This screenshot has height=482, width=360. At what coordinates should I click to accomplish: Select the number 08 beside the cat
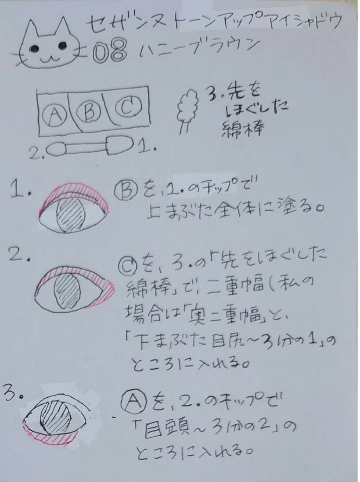click(x=110, y=52)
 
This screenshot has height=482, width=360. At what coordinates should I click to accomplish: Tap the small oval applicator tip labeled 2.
click(x=56, y=149)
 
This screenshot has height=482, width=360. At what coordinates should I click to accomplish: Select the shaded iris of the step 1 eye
click(x=71, y=214)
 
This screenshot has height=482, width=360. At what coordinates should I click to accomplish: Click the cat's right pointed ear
click(x=62, y=28)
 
